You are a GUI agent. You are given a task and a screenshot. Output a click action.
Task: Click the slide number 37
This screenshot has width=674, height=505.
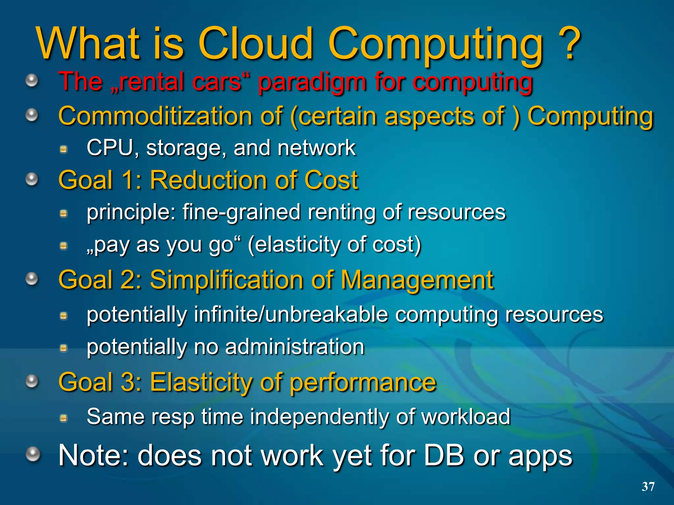pos(648,487)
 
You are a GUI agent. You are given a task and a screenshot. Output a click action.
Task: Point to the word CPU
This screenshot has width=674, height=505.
pos(110,148)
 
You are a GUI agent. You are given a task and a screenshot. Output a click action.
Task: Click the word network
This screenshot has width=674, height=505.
pos(316,148)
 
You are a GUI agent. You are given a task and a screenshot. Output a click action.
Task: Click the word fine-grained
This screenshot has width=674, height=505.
pos(242,212)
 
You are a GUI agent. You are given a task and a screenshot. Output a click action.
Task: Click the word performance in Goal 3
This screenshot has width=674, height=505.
pos(363,383)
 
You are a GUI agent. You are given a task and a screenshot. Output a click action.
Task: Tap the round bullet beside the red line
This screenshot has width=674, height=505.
pos(32,80)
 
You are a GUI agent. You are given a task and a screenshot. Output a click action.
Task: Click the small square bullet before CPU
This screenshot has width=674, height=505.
pos(64,150)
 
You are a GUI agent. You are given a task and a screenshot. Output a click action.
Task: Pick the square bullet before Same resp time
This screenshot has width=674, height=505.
pos(64,418)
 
